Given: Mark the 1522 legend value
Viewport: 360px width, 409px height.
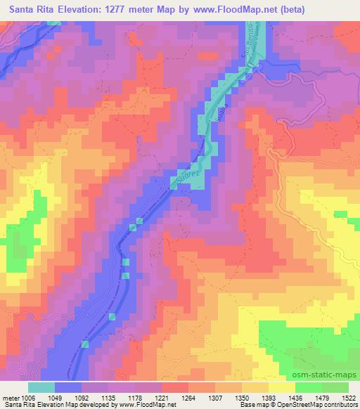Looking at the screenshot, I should pos(348,397).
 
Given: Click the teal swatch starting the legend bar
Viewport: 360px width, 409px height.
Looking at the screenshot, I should pos(41,387).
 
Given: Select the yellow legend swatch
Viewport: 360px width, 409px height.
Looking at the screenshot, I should pos(282,387).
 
